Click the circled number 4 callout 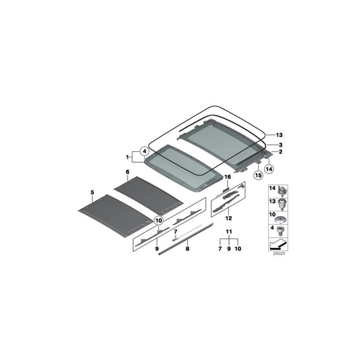[143, 151]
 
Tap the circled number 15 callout [257, 176]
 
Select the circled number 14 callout [269, 169]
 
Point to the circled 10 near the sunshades [159, 220]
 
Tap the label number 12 [228, 219]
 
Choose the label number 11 [229, 232]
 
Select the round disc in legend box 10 [281, 220]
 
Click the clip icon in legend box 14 [282, 188]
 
